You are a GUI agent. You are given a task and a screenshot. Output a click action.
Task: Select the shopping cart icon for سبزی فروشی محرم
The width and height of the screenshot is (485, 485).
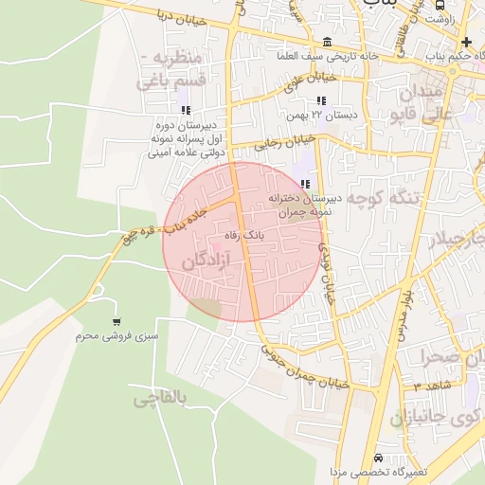(117, 322)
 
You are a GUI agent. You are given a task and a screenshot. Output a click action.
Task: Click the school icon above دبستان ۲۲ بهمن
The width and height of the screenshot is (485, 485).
(321, 99)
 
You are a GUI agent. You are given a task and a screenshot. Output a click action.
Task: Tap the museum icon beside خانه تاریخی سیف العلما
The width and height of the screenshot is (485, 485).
(327, 43)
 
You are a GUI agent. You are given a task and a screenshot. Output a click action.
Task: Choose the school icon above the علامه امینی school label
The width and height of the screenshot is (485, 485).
(185, 110)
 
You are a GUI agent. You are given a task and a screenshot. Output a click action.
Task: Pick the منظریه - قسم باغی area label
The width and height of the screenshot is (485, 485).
(171, 70)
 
